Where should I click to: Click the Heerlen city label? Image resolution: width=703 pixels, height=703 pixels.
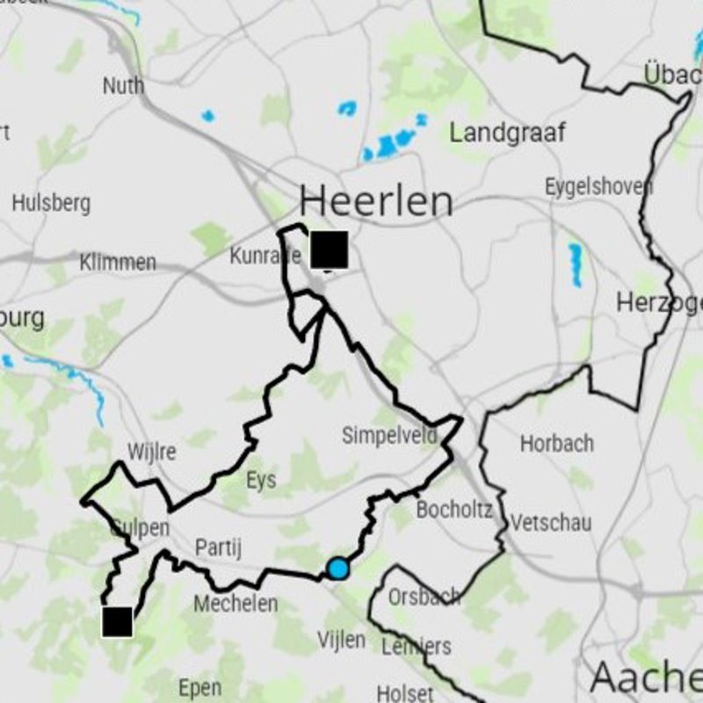[376, 201]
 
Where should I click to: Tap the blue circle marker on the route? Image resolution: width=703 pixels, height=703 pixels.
[337, 569]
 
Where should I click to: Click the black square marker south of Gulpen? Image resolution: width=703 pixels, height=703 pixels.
[117, 621]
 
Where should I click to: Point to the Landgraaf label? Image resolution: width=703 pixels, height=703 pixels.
[508, 133]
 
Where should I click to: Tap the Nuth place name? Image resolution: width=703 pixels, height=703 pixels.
[123, 86]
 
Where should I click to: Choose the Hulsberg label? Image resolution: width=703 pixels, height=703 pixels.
[51, 203]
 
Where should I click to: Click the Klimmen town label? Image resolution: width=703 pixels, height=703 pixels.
[118, 262]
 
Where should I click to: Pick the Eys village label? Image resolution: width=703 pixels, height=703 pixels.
[261, 480]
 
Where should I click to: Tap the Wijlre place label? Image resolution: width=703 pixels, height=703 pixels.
[151, 453]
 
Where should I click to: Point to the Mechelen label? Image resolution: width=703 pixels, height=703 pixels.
[236, 604]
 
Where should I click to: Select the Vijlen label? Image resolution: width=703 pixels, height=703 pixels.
[341, 640]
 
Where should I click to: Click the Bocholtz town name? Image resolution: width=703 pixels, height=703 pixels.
[454, 510]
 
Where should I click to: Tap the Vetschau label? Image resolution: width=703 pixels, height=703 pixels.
[551, 523]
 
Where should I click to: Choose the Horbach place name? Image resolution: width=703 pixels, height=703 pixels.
[556, 443]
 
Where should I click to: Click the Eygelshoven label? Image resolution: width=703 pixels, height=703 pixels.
[598, 186]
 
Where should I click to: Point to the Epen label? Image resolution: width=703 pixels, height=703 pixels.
[199, 687]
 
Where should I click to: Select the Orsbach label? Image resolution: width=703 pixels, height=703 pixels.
[424, 597]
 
